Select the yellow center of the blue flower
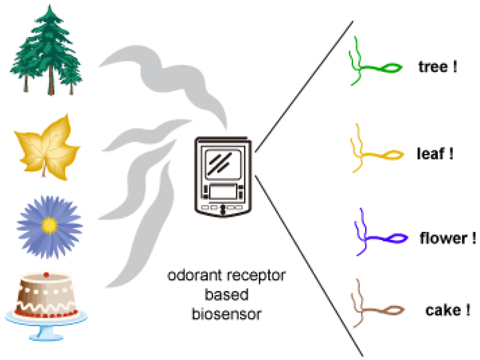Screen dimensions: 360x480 [x=49, y=224]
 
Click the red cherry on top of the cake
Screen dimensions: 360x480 [x=46, y=275]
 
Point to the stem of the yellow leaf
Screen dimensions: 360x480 [x=44, y=170]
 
